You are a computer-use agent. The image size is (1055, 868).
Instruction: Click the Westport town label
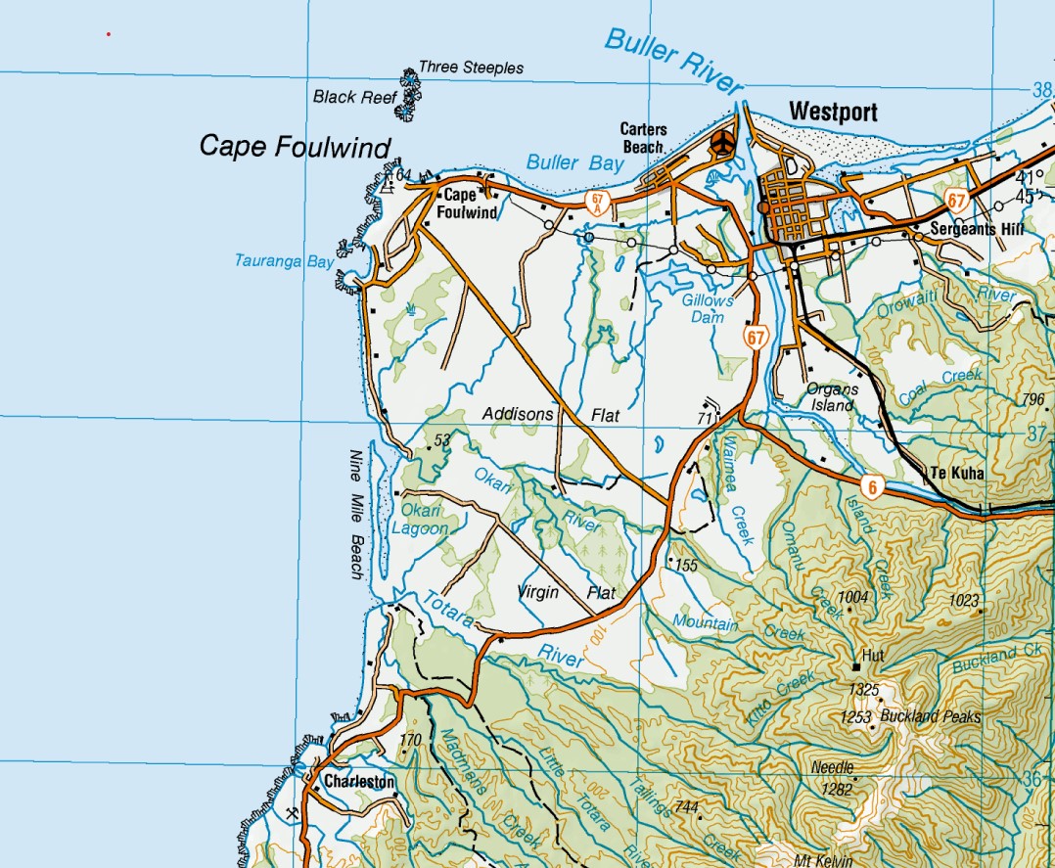pyautogui.click(x=833, y=112)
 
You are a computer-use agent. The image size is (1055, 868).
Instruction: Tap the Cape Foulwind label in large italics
pyautogui.click(x=295, y=147)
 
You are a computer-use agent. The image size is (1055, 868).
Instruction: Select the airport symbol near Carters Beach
pyautogui.click(x=722, y=143)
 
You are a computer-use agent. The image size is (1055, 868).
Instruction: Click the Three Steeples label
pyautogui.click(x=471, y=69)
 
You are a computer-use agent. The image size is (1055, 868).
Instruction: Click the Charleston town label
pyautogui.click(x=359, y=782)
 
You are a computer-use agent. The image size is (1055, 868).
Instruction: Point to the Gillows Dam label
pyautogui.click(x=709, y=310)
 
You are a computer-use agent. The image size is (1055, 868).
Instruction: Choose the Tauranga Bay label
pyautogui.click(x=284, y=261)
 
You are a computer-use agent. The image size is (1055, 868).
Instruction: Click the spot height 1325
pyautogui.click(x=863, y=690)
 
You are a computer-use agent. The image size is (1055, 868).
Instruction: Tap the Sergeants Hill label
pyautogui.click(x=962, y=228)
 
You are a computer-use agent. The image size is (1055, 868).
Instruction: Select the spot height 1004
pyautogui.click(x=853, y=597)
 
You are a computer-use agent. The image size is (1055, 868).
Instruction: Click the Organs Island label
pyautogui.click(x=832, y=396)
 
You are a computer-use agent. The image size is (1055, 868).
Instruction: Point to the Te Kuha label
pyautogui.click(x=956, y=474)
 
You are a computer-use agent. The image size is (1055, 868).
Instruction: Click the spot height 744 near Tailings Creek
pyautogui.click(x=687, y=807)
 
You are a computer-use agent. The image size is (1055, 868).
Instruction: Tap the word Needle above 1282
pyautogui.click(x=833, y=768)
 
